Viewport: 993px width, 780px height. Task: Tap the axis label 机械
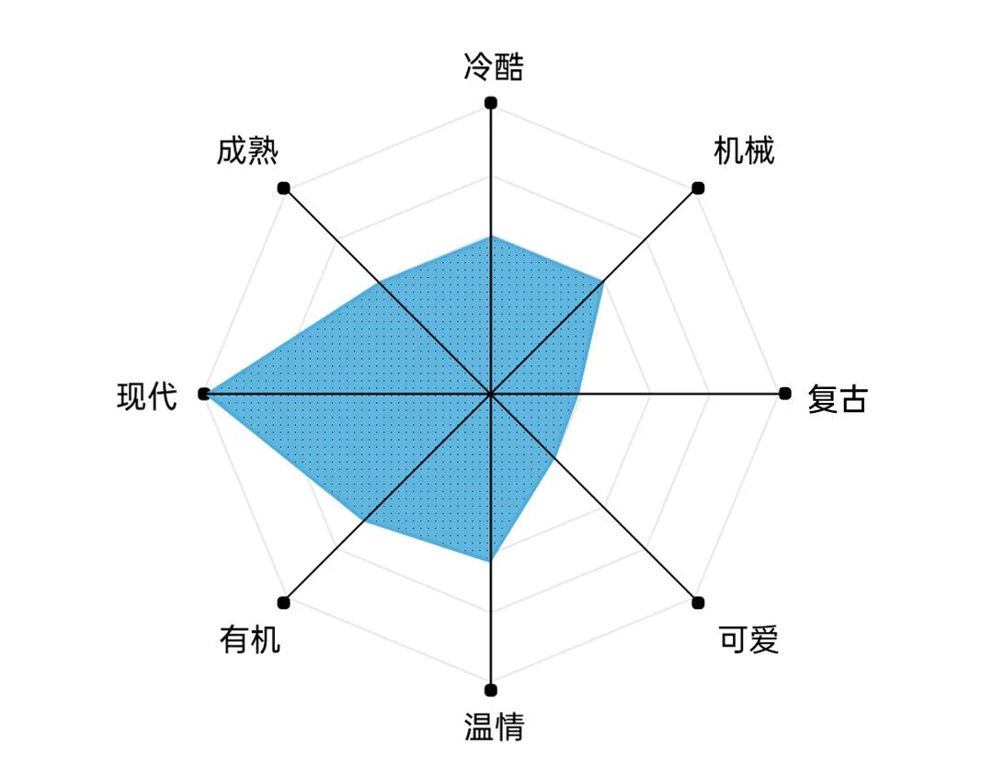coord(744,150)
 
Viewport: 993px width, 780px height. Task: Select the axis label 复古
coord(837,399)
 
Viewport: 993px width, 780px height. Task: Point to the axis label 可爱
coord(748,639)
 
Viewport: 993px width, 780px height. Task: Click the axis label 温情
coord(494,727)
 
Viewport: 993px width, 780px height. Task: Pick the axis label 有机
coord(249,639)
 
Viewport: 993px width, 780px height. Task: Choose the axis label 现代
coord(147,396)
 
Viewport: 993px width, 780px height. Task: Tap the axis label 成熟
coord(247,150)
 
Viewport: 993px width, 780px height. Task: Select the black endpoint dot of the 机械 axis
coord(698,188)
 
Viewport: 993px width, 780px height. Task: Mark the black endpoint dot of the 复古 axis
coord(784,394)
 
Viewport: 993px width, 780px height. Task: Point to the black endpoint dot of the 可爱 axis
coord(698,602)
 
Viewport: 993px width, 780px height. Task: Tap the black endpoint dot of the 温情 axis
coord(491,690)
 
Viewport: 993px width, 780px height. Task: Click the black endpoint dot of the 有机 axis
coord(283,602)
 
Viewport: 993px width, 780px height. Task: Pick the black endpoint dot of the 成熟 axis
coord(283,188)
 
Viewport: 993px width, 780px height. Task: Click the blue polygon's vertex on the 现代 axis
coord(204,394)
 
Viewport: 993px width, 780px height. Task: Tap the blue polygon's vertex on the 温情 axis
coord(491,560)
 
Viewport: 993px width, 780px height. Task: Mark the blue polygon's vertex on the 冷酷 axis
coord(491,236)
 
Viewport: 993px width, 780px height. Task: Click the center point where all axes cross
coord(491,394)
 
